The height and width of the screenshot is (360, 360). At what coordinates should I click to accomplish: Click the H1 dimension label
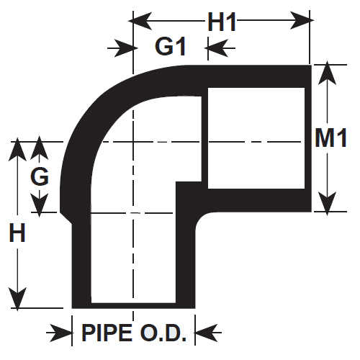[222, 22]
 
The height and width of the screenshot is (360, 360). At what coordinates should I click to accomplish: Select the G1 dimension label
[171, 46]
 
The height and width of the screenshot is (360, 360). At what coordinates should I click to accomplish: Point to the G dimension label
[40, 176]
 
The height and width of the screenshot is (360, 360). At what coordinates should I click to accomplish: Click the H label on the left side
[17, 232]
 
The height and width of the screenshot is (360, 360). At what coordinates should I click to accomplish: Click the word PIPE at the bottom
[107, 333]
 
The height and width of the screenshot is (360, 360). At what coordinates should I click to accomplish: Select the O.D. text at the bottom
[163, 333]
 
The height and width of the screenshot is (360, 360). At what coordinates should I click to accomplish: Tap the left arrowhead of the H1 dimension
[140, 21]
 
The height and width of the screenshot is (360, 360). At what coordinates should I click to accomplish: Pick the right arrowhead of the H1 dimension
[302, 20]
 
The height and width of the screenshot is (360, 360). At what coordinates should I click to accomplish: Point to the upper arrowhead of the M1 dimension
[327, 73]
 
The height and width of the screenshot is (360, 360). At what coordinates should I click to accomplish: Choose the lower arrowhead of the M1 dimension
[327, 204]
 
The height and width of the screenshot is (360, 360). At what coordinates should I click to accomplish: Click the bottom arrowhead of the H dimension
[17, 300]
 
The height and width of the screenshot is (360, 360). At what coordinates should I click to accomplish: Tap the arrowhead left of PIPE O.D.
[60, 333]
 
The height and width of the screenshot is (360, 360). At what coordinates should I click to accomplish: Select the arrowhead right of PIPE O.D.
[207, 333]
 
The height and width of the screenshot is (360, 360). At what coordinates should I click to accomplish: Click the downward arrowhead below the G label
[40, 206]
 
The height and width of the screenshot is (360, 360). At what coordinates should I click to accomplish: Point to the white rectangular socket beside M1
[256, 138]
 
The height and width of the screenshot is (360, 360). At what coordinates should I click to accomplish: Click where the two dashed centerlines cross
[133, 142]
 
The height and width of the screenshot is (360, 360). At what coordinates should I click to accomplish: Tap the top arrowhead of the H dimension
[17, 149]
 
